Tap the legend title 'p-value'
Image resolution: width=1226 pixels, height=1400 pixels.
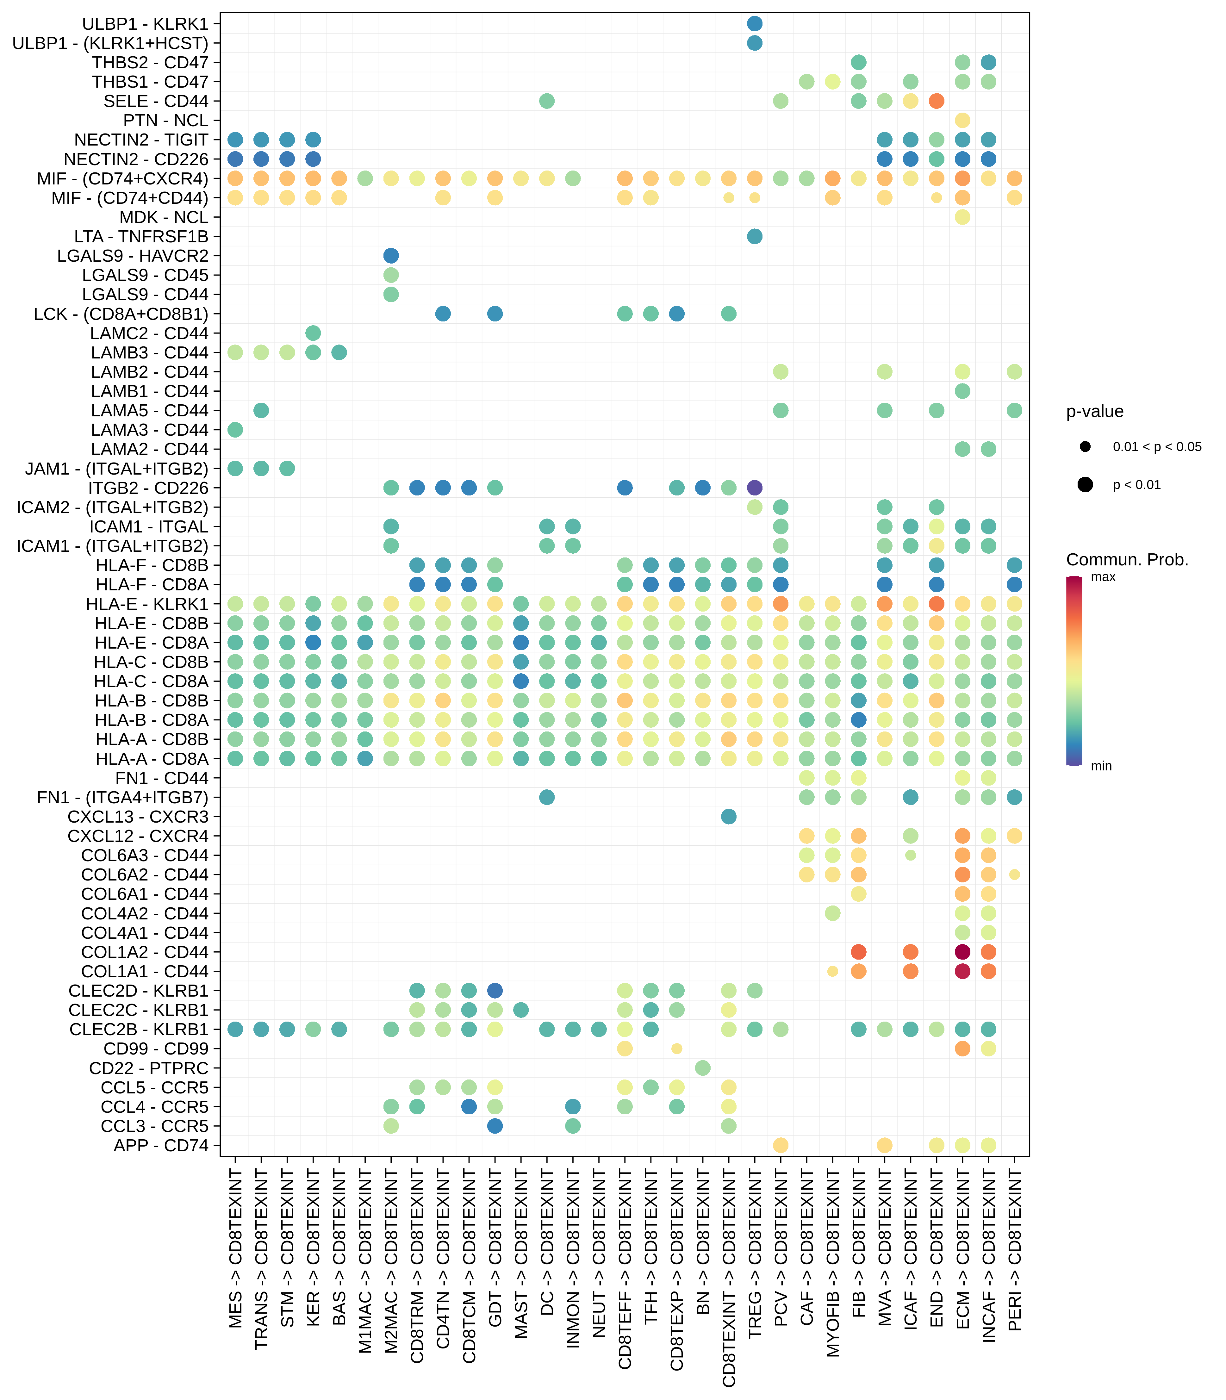click(x=1095, y=411)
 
